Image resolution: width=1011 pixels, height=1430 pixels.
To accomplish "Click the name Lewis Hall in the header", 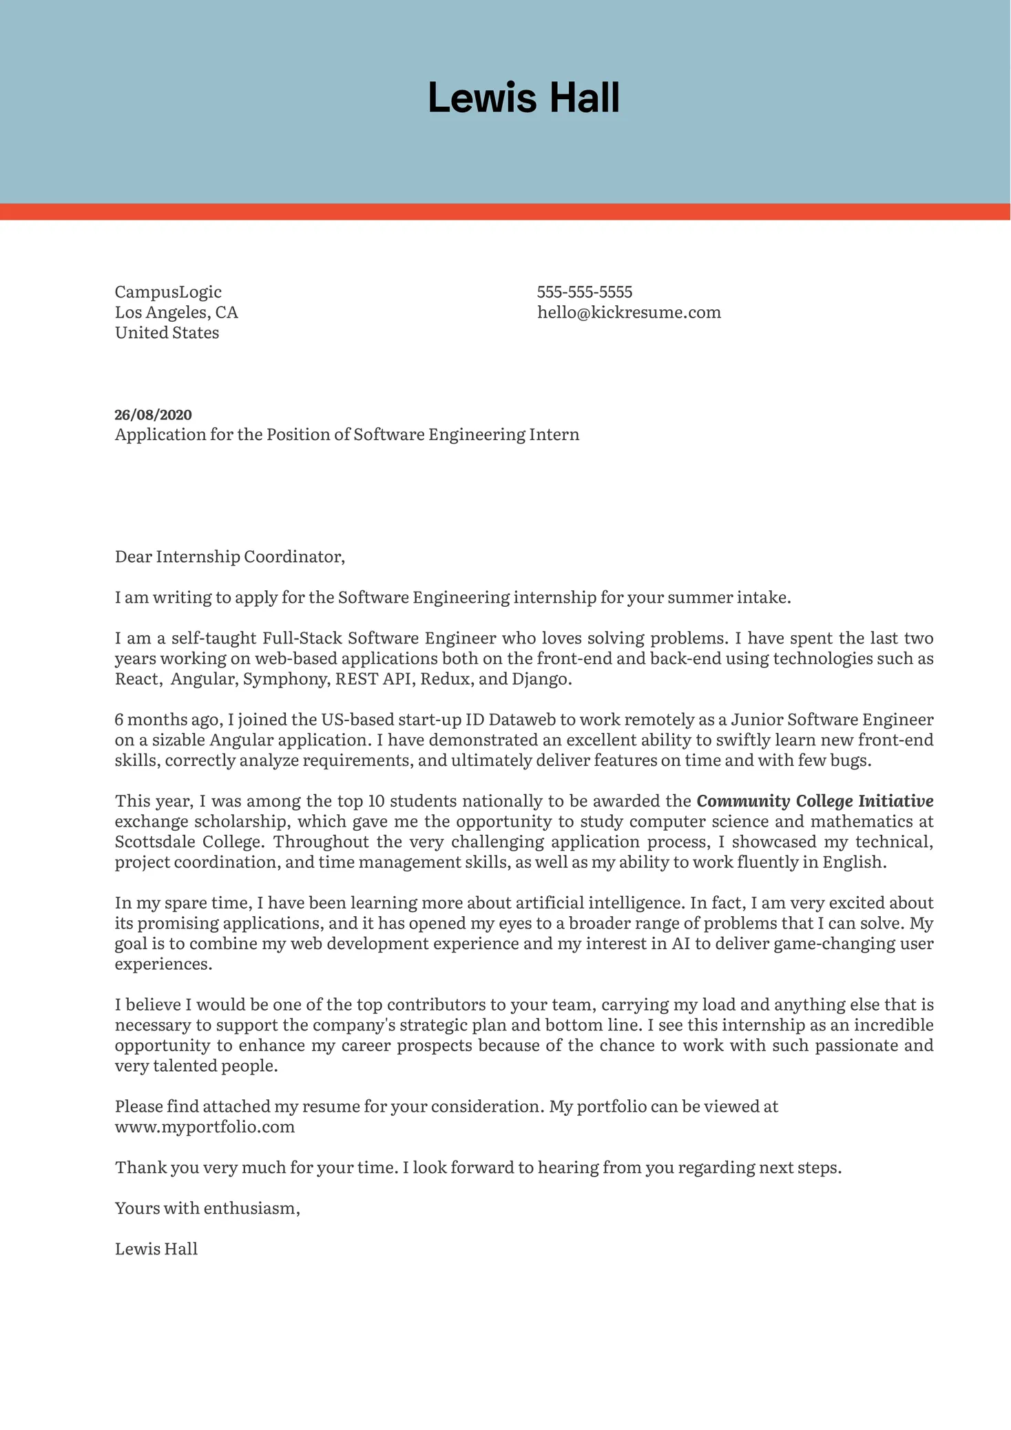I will (x=523, y=98).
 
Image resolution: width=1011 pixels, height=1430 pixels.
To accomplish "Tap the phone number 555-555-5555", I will (x=584, y=292).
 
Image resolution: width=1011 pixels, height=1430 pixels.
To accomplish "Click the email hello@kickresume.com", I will (x=628, y=313).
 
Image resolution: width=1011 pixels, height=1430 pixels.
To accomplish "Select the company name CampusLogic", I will (x=168, y=292).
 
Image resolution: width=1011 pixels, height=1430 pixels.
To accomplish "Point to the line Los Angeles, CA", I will (x=176, y=313).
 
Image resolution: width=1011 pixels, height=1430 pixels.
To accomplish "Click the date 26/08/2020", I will (x=153, y=415).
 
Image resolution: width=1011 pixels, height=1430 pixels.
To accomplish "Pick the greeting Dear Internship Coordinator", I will (x=229, y=557).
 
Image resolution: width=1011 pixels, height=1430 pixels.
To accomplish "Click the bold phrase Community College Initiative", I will (x=815, y=801).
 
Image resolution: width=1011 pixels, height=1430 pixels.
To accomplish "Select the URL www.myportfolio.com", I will (x=205, y=1127).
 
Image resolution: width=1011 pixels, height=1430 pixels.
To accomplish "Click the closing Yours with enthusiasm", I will (x=207, y=1208).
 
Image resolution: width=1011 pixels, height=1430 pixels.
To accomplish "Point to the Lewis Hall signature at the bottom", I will (x=156, y=1249).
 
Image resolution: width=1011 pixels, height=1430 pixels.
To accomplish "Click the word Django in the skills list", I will (x=541, y=679).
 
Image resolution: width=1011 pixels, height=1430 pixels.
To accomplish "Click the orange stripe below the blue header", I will (x=505, y=211).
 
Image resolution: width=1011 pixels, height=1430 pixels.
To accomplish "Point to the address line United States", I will (x=167, y=333).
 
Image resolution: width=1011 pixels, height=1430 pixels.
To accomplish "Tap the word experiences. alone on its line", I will (x=163, y=964).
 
